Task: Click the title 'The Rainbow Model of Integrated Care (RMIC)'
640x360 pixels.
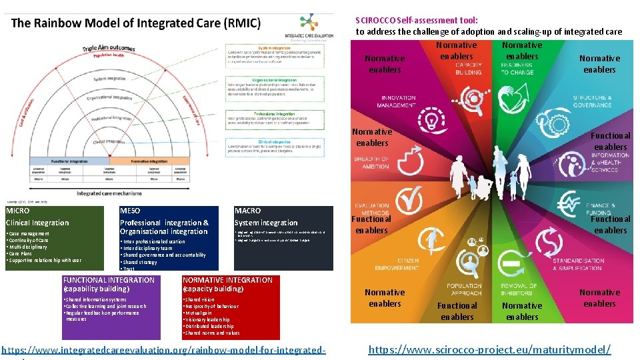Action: click(136, 23)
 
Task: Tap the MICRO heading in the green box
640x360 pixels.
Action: click(18, 211)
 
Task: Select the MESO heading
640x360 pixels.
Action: click(130, 211)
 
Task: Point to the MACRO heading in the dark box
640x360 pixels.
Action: click(248, 211)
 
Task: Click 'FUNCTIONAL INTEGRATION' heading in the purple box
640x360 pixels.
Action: click(108, 280)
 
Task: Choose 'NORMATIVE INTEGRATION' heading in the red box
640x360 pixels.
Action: click(227, 280)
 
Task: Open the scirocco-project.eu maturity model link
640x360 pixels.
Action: click(489, 350)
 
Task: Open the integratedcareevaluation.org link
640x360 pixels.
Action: click(163, 350)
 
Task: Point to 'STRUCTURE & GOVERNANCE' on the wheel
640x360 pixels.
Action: click(592, 101)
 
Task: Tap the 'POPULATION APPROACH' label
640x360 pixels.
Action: click(465, 289)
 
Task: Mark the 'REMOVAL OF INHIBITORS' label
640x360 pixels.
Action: click(519, 289)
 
